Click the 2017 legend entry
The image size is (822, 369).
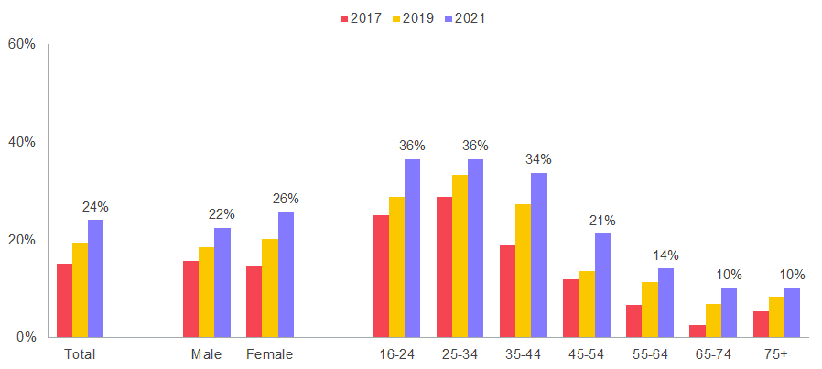click(360, 17)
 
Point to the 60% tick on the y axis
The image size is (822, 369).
click(21, 44)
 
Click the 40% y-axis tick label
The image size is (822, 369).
click(21, 142)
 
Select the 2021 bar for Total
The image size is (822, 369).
click(95, 278)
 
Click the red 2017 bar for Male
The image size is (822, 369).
click(190, 298)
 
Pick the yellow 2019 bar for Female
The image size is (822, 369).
click(269, 288)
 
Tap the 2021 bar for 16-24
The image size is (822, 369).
click(412, 248)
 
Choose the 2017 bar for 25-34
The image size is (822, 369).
click(444, 266)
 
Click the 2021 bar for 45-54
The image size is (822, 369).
click(602, 285)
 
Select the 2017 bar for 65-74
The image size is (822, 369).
click(698, 331)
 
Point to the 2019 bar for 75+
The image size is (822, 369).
click(776, 316)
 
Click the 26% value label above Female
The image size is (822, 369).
click(286, 199)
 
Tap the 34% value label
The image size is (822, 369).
click(538, 159)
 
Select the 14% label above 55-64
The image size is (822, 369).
click(665, 255)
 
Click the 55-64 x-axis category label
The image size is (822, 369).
click(649, 353)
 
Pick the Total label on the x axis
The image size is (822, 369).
click(80, 353)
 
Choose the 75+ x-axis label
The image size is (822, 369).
click(776, 353)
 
